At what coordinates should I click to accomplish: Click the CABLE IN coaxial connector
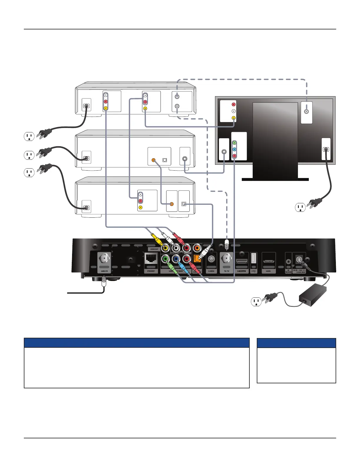(104, 259)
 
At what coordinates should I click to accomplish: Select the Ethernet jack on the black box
(151, 260)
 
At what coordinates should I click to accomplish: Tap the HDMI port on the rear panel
(242, 261)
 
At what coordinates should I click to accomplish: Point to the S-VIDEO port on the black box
(211, 259)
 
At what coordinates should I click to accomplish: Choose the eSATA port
(268, 261)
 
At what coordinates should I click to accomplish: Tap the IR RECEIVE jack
(289, 261)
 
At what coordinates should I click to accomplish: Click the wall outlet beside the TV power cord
(300, 207)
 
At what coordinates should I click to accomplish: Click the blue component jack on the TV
(234, 149)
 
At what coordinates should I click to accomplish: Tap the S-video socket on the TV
(224, 152)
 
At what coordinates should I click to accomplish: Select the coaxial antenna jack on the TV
(306, 112)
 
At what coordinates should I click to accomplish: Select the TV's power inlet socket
(326, 149)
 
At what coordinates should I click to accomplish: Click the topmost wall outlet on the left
(29, 137)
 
